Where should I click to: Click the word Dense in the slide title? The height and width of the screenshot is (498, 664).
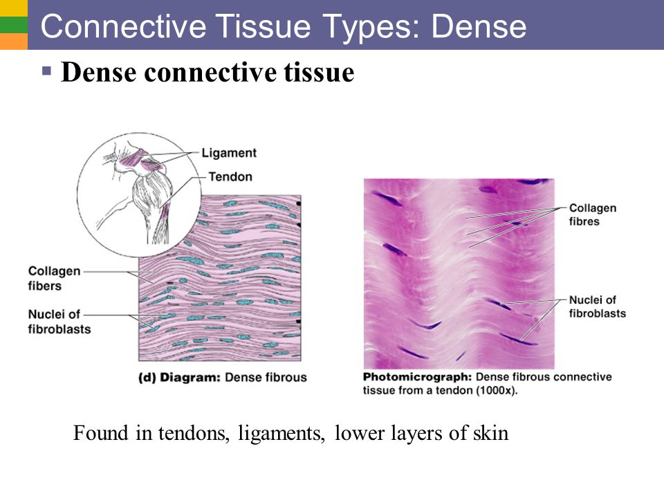click(x=479, y=26)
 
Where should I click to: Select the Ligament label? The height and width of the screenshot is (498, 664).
click(x=229, y=153)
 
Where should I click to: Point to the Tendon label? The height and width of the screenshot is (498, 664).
click(x=230, y=176)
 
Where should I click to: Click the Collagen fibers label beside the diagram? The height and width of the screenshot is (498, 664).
click(x=54, y=278)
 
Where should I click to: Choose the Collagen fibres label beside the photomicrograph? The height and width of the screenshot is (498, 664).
click(x=593, y=214)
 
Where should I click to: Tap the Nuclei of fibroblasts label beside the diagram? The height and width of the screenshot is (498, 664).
click(x=59, y=322)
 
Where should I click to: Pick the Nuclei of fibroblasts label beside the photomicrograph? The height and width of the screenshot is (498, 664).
click(x=597, y=306)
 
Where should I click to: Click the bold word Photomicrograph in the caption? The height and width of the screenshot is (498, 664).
click(x=417, y=377)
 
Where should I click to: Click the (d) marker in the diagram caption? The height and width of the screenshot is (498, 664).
click(x=147, y=378)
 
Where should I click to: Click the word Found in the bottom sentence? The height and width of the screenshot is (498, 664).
click(x=100, y=433)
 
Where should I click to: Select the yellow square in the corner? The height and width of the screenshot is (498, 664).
click(x=14, y=8)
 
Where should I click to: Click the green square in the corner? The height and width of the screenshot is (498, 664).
click(x=14, y=25)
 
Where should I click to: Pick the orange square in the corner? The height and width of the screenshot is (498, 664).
click(x=14, y=41)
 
